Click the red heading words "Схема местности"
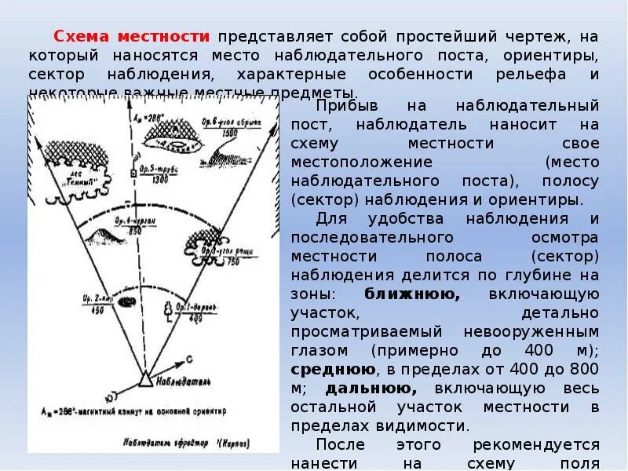coord(131,36)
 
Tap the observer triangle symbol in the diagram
coord(145,380)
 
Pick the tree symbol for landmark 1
coord(167,308)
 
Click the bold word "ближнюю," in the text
coord(413,294)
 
